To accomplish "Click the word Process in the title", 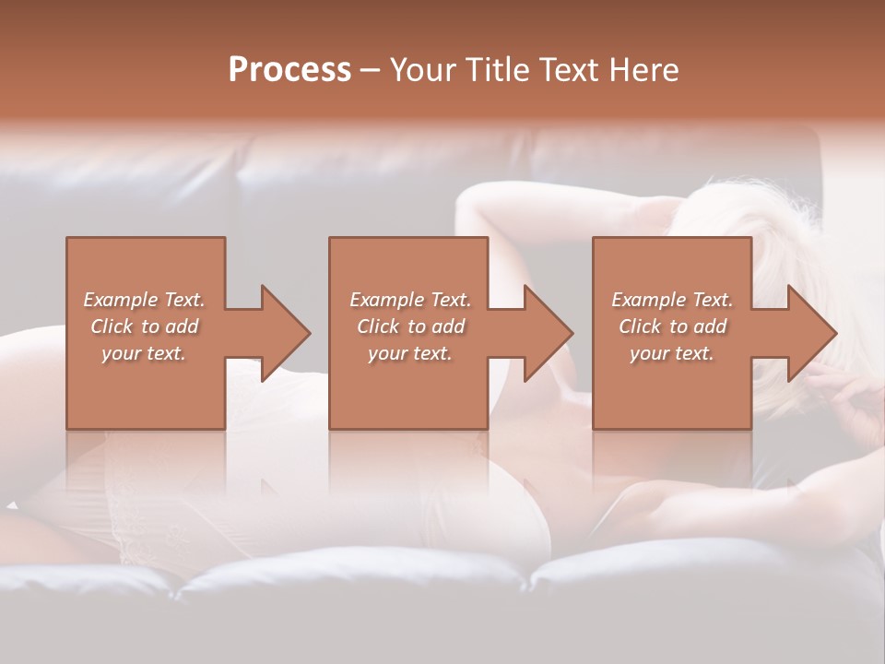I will point(289,69).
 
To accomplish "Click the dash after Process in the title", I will point(371,71).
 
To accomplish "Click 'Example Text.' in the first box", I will point(144,300).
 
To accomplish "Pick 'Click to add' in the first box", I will point(144,326).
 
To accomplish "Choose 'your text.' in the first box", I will point(144,353).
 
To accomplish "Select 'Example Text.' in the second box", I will point(410,300).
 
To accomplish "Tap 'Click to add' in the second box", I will point(410,326).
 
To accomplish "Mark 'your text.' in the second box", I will point(410,353).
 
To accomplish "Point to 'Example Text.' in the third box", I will point(672,300).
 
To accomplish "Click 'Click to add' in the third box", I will point(672,326).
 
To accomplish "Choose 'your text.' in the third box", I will point(672,353).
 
